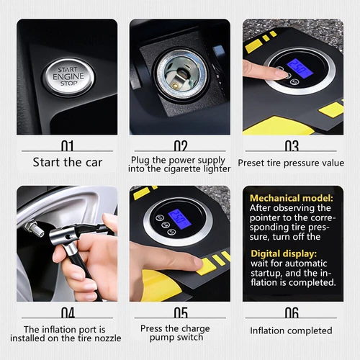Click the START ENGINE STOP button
point(68,73)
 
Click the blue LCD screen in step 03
point(298,68)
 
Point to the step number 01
point(67,147)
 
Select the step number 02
point(180,147)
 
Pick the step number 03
point(291,147)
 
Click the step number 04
point(67,313)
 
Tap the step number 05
point(180,313)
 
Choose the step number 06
point(291,313)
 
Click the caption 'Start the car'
point(67,162)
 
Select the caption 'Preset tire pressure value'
point(291,163)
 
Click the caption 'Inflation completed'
point(291,330)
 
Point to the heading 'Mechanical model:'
point(292,197)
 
